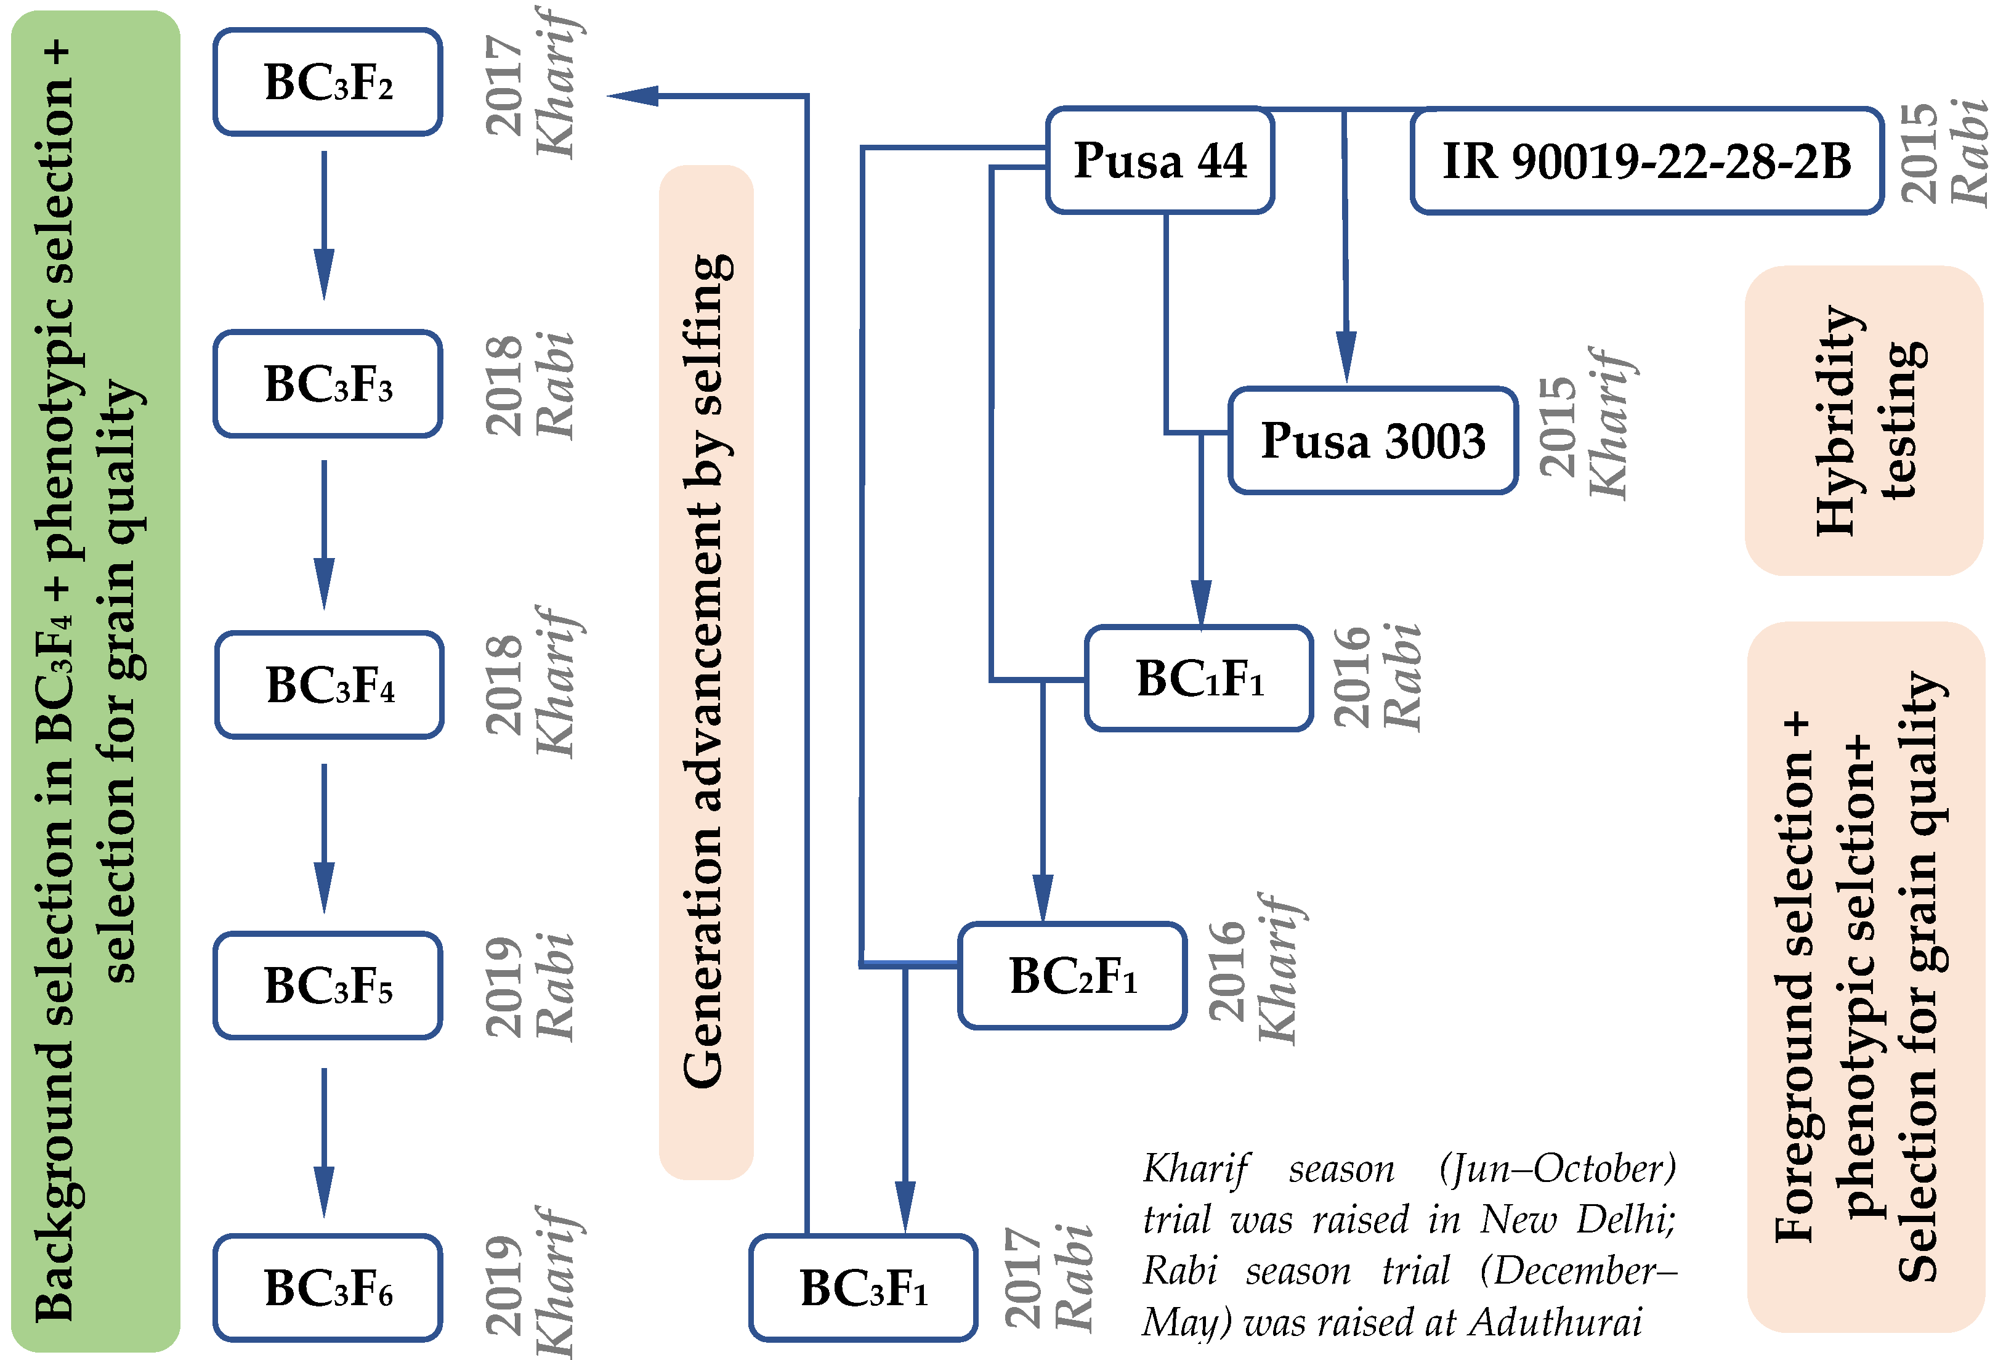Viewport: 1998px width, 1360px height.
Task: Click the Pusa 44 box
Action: [1159, 161]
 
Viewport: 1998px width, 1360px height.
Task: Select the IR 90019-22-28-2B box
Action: [1646, 161]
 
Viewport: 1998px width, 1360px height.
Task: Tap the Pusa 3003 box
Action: [1372, 440]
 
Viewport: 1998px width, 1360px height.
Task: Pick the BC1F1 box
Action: [1199, 678]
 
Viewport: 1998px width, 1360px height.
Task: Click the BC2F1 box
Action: [1072, 976]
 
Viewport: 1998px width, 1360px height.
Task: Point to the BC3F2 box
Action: [328, 83]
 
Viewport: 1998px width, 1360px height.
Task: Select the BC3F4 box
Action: [330, 685]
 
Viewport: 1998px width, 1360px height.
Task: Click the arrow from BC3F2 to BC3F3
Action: [324, 225]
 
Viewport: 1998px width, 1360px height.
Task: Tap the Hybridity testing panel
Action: [1863, 420]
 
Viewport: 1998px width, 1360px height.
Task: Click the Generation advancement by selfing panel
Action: [706, 671]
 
